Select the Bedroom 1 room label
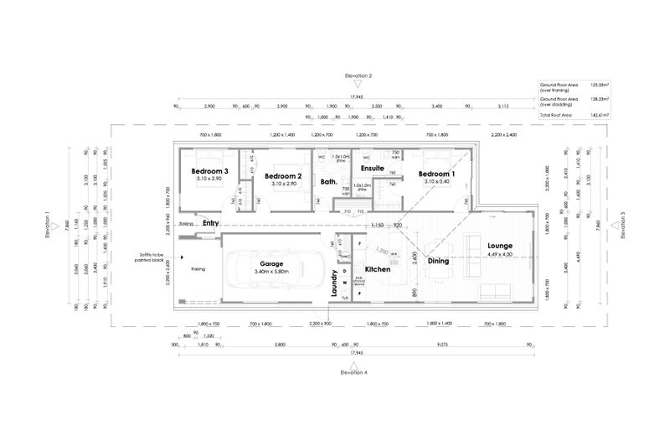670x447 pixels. click(436, 174)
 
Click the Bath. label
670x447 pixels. click(328, 181)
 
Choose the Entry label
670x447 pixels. click(210, 223)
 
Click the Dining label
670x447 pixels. click(438, 261)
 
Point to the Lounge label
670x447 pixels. click(499, 246)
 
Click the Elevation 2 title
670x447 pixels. click(358, 75)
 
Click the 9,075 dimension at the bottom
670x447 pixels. click(441, 345)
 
